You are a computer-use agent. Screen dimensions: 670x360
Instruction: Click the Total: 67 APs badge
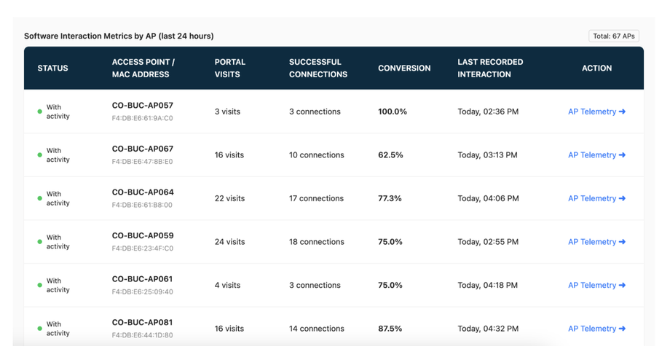click(614, 36)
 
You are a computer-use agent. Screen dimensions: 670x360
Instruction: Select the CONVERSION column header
click(404, 68)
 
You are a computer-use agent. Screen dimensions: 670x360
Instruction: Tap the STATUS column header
click(52, 68)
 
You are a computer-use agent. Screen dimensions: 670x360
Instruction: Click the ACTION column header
click(596, 68)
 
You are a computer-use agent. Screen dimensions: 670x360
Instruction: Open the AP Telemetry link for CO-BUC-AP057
click(596, 111)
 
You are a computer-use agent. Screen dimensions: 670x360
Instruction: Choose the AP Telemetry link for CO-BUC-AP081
click(596, 329)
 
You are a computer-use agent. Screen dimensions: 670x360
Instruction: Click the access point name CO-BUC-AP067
click(143, 149)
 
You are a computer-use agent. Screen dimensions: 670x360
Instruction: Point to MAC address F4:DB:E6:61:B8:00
click(142, 205)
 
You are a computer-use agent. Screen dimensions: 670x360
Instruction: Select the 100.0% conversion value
click(393, 111)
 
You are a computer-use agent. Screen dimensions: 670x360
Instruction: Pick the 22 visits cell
click(229, 198)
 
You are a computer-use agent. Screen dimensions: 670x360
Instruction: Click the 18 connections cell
click(316, 242)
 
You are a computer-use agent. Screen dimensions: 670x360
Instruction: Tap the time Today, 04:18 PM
click(487, 285)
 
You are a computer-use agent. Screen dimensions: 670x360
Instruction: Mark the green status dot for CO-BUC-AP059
click(40, 242)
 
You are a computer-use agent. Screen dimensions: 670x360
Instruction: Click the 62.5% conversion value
click(390, 155)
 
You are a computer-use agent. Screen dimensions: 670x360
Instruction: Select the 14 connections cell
click(316, 329)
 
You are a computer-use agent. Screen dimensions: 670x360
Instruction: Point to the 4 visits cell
click(227, 285)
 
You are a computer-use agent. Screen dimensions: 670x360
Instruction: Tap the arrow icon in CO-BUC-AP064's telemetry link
click(622, 198)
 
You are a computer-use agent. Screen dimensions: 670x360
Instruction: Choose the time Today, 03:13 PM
click(487, 155)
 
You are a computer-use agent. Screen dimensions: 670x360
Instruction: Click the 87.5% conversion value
click(390, 329)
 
